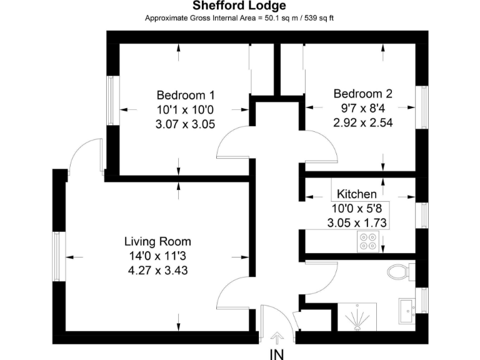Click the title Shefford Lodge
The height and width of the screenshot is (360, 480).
(x=239, y=6)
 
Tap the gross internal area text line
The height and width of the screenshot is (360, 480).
(x=239, y=17)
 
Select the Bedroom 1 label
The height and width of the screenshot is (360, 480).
(x=186, y=96)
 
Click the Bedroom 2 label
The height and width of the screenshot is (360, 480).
(x=362, y=94)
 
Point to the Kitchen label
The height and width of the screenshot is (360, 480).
(x=357, y=194)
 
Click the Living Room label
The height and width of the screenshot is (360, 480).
(x=157, y=241)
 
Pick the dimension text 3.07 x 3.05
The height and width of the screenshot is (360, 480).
(x=185, y=124)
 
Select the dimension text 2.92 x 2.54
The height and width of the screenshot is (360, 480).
(x=362, y=122)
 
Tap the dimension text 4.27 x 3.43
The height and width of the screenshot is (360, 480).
(x=157, y=271)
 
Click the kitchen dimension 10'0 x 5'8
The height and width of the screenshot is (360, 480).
(x=357, y=208)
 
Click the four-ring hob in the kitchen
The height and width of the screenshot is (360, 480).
(x=368, y=241)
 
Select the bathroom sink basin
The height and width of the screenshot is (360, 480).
(x=407, y=309)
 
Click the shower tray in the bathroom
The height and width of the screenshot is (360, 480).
(x=357, y=318)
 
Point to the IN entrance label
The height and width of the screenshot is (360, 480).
(x=276, y=354)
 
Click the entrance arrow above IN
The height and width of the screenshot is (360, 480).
(x=277, y=337)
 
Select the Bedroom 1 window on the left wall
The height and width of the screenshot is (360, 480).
(x=111, y=101)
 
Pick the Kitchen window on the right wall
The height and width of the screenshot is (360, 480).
(x=424, y=215)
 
